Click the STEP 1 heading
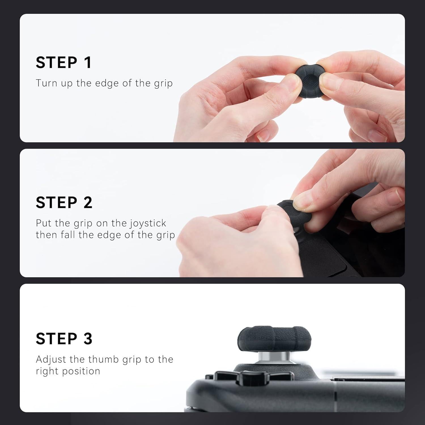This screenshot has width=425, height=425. [x=64, y=62]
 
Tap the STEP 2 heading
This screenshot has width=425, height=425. [x=64, y=203]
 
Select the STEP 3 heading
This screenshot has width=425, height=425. [x=64, y=339]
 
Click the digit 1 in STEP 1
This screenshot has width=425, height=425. [x=88, y=62]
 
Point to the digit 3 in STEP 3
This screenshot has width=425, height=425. [x=88, y=339]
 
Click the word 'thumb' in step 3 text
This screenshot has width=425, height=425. [x=103, y=359]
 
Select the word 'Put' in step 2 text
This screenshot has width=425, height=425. [x=44, y=223]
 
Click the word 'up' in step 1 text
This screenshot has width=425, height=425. [x=67, y=84]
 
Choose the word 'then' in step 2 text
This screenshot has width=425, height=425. [x=46, y=235]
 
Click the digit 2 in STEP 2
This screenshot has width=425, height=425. [x=88, y=203]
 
